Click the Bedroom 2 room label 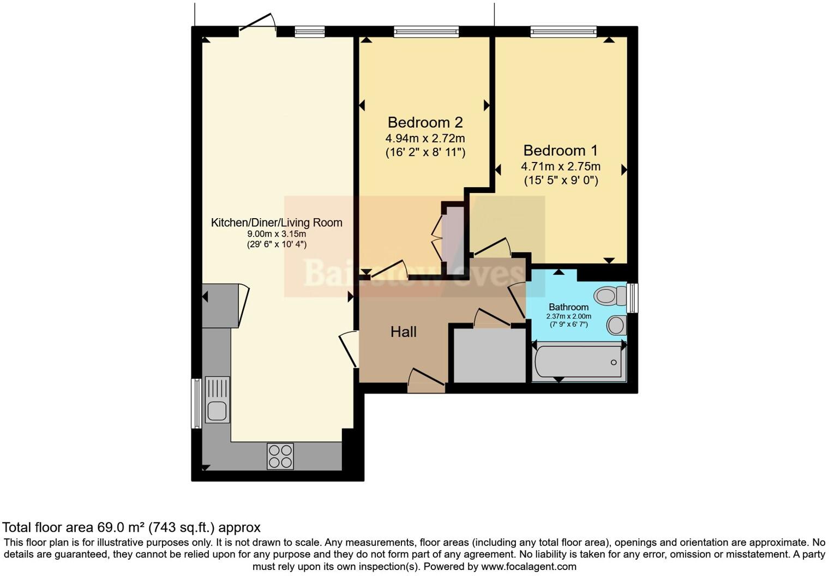[425, 122]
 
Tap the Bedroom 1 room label [560, 151]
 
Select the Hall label [403, 332]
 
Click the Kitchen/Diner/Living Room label [277, 223]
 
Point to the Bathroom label [568, 307]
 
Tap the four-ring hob [280, 456]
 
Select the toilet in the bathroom [610, 296]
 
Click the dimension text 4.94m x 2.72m [425, 138]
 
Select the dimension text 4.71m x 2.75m [560, 166]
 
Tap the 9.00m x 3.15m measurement [277, 234]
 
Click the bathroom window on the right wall [632, 297]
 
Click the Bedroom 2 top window [426, 32]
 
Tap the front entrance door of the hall [426, 382]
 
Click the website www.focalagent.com [528, 566]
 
